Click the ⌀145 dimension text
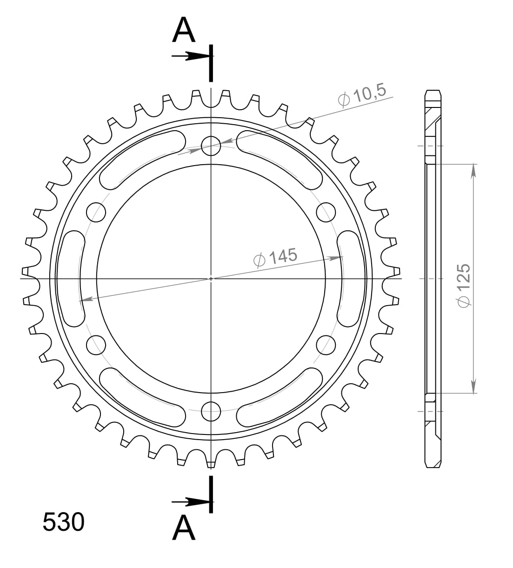coord(275,257)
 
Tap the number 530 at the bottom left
coord(63,522)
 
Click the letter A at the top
coord(184,30)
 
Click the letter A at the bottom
coord(184,528)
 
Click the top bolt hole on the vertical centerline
coord(211,145)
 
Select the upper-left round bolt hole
coord(96,212)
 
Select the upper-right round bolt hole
coord(326,212)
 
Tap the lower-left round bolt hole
coord(96,344)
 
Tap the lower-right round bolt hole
coord(326,345)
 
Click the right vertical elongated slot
coord(351,279)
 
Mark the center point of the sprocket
coord(211,279)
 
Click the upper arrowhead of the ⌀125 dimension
coord(473,170)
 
